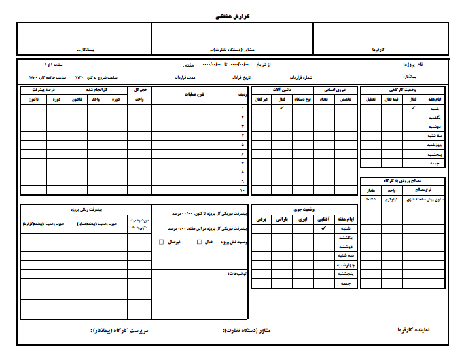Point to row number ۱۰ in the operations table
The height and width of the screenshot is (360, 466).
point(243,189)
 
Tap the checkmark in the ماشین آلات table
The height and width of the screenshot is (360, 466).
point(281,108)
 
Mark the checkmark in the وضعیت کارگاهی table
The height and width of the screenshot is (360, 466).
point(412,108)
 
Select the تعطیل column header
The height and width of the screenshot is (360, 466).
point(371,99)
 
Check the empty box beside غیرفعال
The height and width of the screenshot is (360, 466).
point(160,242)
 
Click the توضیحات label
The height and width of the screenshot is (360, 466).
point(236,275)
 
